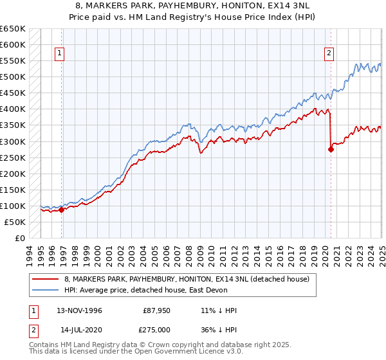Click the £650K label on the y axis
click(x=13, y=29)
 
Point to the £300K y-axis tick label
click(x=13, y=141)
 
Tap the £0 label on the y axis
click(x=20, y=238)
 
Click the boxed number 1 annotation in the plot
click(x=59, y=53)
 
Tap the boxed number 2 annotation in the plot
click(x=329, y=53)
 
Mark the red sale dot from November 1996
click(x=62, y=209)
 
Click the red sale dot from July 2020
click(x=331, y=149)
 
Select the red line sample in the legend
click(x=46, y=278)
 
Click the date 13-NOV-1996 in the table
click(x=79, y=310)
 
